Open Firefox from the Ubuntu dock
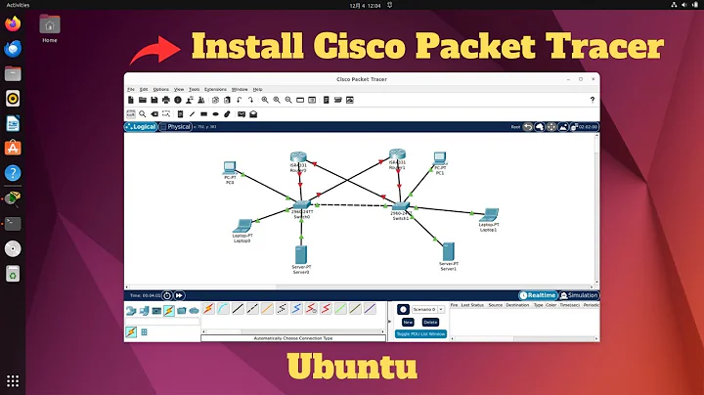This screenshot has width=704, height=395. point(13,48)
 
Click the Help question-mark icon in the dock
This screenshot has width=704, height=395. point(13,172)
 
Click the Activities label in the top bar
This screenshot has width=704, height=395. point(18,4)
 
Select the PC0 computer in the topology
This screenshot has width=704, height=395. point(230,169)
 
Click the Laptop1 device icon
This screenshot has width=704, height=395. point(488,217)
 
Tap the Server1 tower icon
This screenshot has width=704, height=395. point(448,251)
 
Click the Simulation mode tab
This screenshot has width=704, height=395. point(580,294)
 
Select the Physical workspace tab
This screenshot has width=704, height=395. point(177,127)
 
